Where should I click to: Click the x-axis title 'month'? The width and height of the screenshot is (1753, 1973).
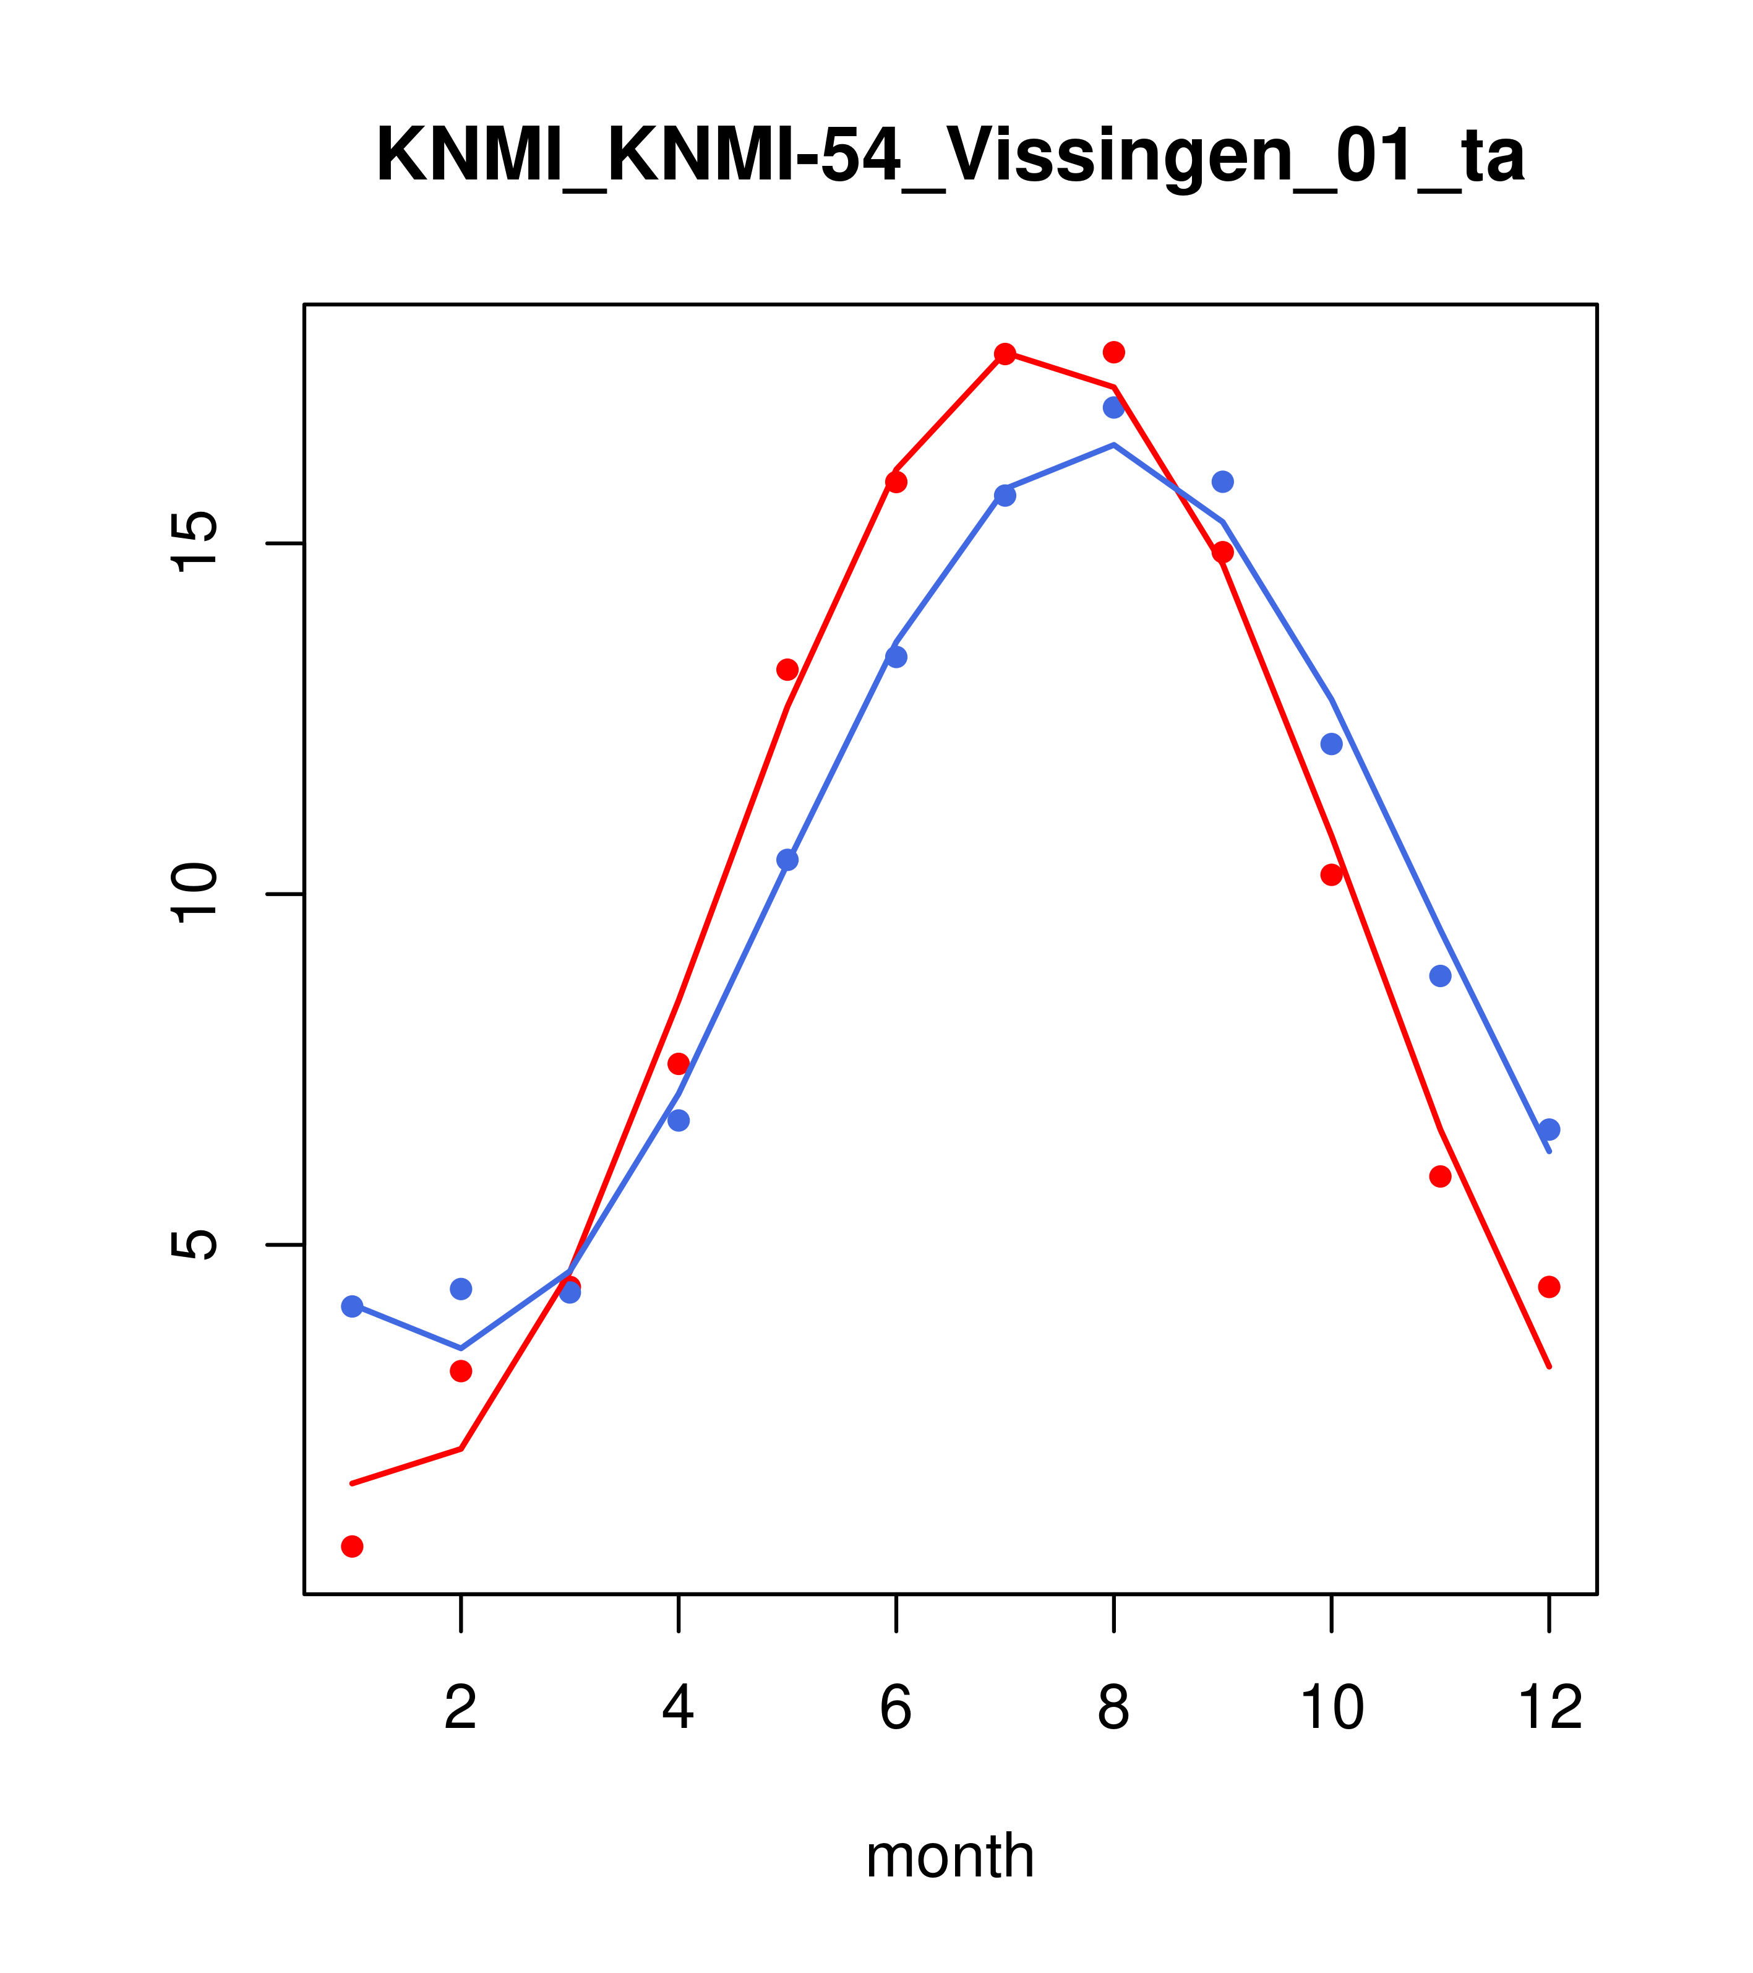tap(949, 1856)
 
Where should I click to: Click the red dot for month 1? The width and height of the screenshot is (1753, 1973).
tap(352, 1547)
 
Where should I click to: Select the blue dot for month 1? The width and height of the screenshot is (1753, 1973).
tap(352, 1306)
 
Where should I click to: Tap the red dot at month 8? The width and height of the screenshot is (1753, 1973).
tap(1113, 352)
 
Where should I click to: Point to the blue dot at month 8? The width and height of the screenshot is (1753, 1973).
tap(1113, 407)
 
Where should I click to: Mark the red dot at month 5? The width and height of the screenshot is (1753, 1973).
tap(787, 670)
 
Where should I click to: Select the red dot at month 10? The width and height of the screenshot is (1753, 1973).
tap(1331, 874)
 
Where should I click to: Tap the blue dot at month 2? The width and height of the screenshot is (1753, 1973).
tap(461, 1289)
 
